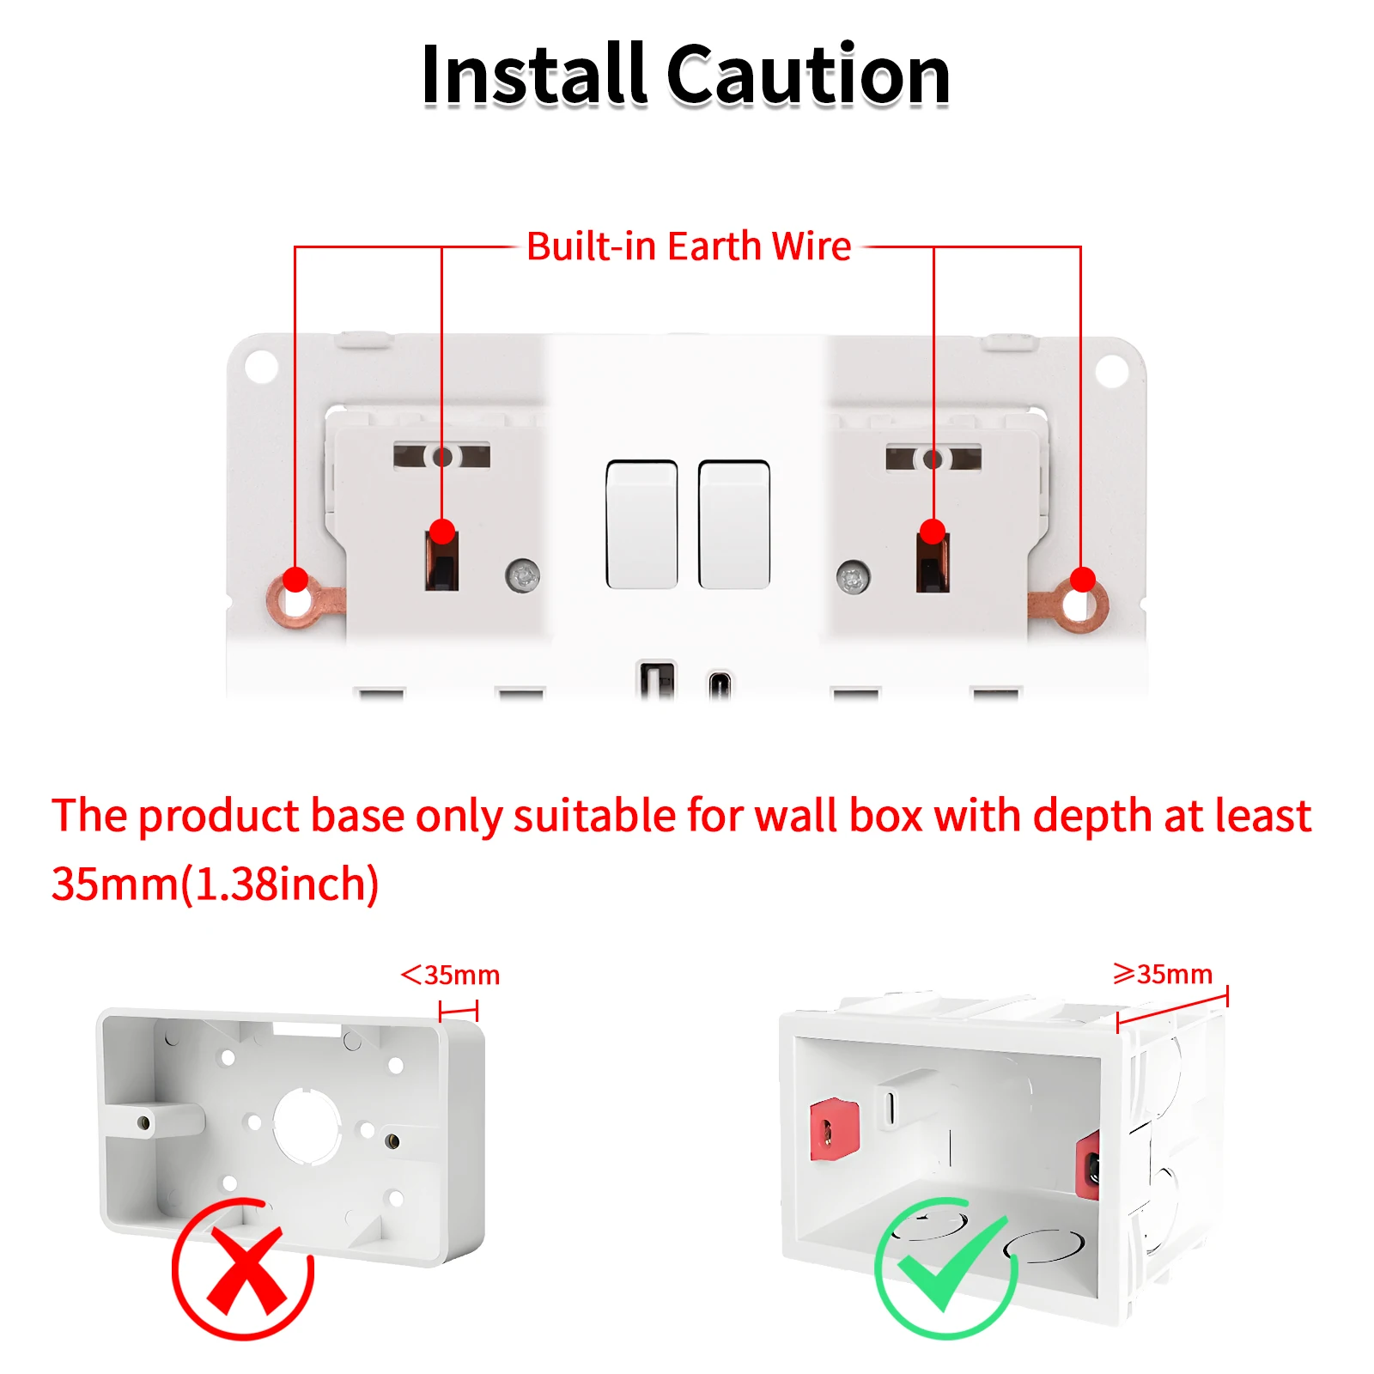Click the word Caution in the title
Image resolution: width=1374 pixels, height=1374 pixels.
pos(808,75)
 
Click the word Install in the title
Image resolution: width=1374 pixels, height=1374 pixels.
pos(533,75)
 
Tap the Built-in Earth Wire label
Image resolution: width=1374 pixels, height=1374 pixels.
pos(689,246)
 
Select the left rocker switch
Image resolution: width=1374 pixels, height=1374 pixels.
pos(641,525)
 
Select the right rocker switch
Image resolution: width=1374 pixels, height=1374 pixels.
pos(734,525)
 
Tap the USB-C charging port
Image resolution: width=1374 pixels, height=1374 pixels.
pos(720,684)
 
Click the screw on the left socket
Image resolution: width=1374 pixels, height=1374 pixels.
pos(523,575)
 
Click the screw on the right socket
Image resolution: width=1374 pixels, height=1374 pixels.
pos(853,578)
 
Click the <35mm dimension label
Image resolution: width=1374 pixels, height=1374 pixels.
pos(450,975)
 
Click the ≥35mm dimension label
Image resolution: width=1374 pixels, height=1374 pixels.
pos(1163,974)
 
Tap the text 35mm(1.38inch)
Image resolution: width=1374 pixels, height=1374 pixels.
pos(215,884)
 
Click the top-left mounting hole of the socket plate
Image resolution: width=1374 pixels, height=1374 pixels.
pos(261,367)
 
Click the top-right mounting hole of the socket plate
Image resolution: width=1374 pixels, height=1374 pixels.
pos(1112,371)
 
